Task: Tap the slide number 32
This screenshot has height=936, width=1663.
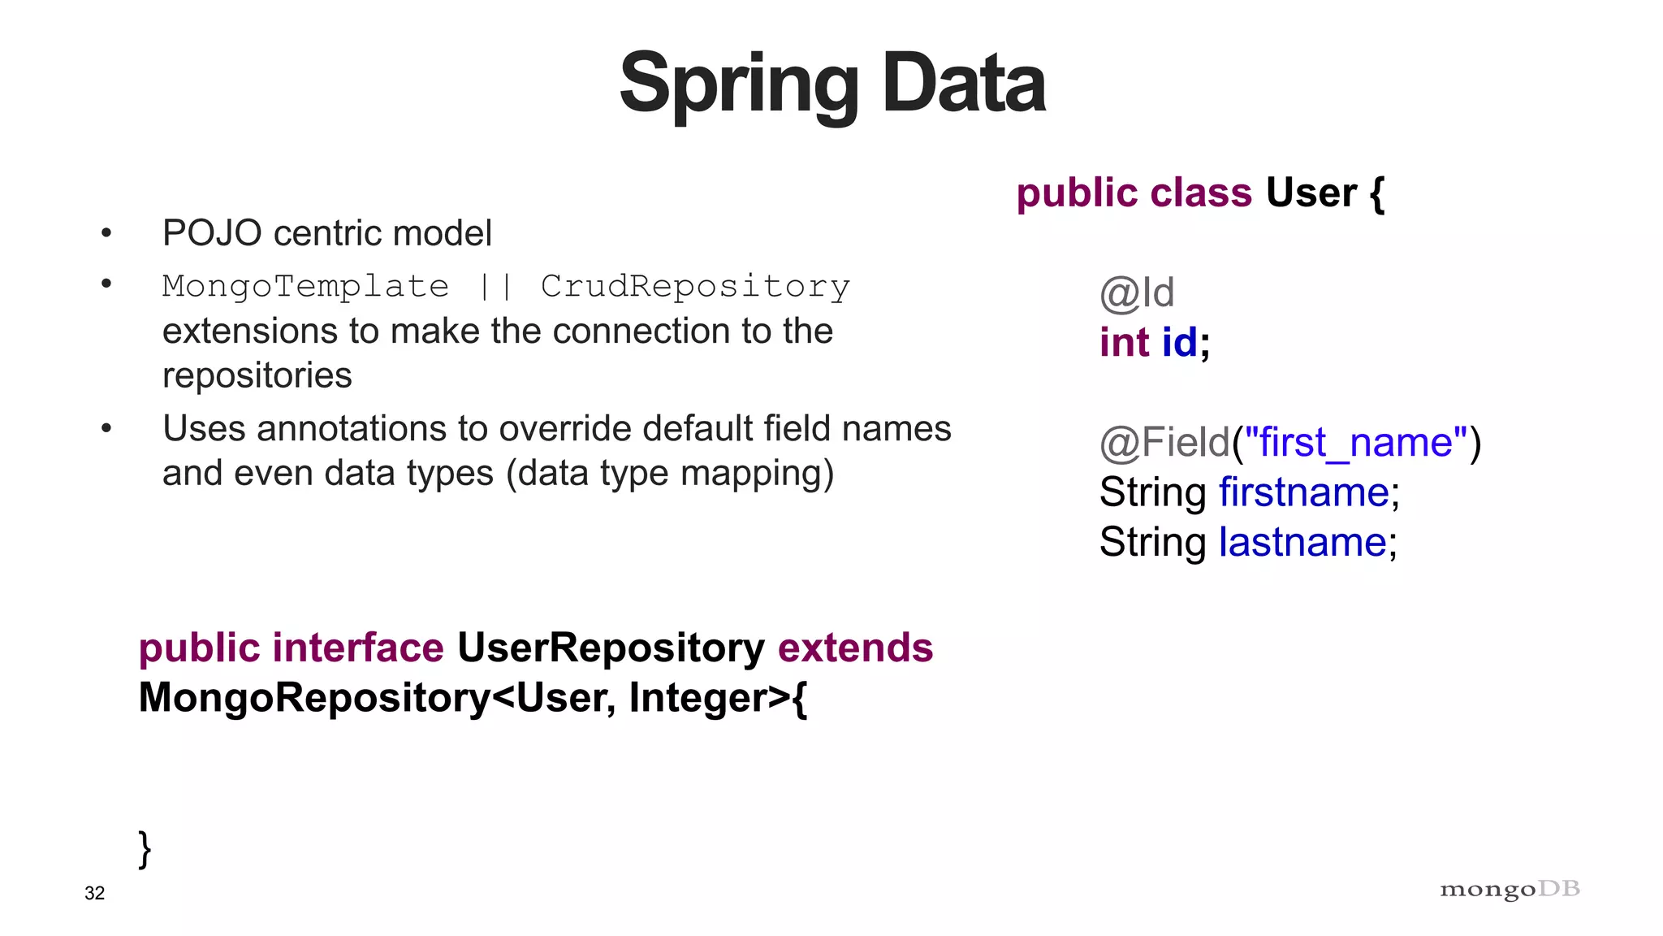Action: [x=95, y=893]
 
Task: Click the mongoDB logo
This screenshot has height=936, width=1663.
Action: [x=1510, y=890]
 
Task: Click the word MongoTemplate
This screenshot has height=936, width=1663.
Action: [x=305, y=286]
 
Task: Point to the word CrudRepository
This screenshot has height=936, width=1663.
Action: [x=695, y=286]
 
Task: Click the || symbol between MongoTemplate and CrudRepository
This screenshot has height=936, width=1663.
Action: [x=495, y=286]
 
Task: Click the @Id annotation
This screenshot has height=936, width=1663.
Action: [x=1137, y=292]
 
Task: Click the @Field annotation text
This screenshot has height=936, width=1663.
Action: [x=1164, y=443]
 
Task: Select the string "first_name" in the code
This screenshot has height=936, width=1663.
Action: [x=1356, y=443]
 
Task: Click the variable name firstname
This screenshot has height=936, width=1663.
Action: [x=1304, y=492]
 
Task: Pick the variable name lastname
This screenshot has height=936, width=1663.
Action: [x=1302, y=542]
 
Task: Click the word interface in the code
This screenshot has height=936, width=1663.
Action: [x=358, y=648]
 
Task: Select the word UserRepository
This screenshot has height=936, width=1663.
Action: [x=611, y=648]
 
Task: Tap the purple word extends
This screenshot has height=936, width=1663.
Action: [x=855, y=648]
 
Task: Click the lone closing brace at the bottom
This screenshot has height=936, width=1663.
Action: [x=145, y=848]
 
